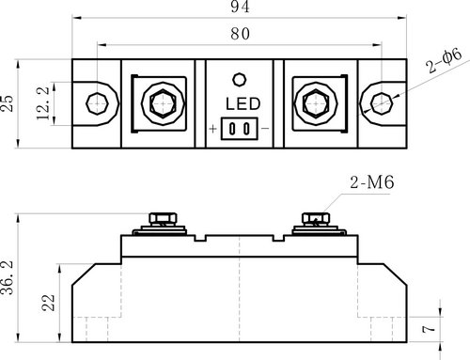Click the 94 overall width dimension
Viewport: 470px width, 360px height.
(x=241, y=7)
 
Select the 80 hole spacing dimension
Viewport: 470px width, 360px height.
(x=241, y=34)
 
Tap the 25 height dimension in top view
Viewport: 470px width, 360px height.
(x=8, y=103)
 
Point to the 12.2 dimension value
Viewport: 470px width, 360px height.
(x=43, y=103)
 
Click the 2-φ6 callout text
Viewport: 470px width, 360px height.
(x=444, y=60)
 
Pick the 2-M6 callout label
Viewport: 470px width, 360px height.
(x=372, y=182)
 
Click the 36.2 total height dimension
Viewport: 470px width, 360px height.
(x=8, y=277)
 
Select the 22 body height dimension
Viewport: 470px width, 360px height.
(x=48, y=303)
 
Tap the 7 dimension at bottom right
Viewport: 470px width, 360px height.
(x=429, y=329)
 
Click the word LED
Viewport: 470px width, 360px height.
(x=243, y=104)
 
